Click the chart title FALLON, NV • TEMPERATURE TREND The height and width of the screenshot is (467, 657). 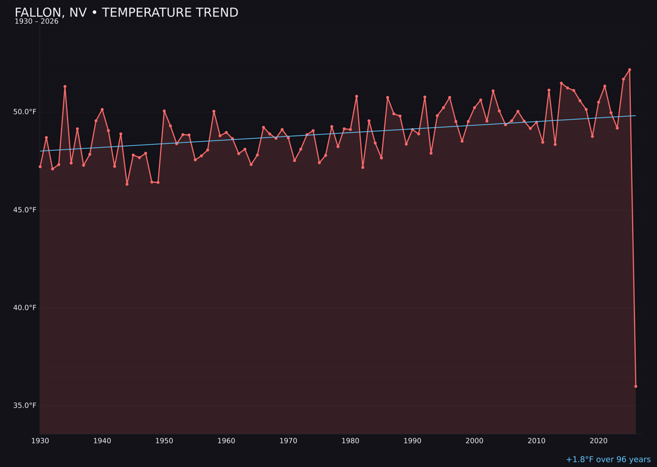click(127, 13)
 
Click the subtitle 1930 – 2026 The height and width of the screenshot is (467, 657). click(36, 22)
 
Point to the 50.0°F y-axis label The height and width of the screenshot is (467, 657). click(26, 112)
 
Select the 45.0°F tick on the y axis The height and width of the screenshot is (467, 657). click(26, 210)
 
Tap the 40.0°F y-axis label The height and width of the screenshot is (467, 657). click(26, 308)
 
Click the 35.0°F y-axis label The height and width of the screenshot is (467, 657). click(26, 406)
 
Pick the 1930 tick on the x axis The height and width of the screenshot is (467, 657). click(40, 441)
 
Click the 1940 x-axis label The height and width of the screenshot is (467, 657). click(102, 441)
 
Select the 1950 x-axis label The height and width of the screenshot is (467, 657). click(164, 441)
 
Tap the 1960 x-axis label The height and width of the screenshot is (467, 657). click(226, 441)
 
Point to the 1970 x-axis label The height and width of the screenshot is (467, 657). click(288, 441)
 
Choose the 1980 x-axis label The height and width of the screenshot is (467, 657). click(350, 441)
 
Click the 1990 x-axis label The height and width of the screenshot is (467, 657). click(412, 441)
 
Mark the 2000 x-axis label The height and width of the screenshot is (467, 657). click(474, 441)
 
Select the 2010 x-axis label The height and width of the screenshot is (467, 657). click(537, 441)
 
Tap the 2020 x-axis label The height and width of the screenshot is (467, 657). click(599, 441)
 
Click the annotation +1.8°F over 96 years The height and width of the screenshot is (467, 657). click(608, 460)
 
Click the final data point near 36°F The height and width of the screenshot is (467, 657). click(636, 386)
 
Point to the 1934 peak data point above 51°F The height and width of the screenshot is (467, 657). click(65, 86)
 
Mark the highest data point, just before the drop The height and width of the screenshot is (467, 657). click(630, 70)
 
